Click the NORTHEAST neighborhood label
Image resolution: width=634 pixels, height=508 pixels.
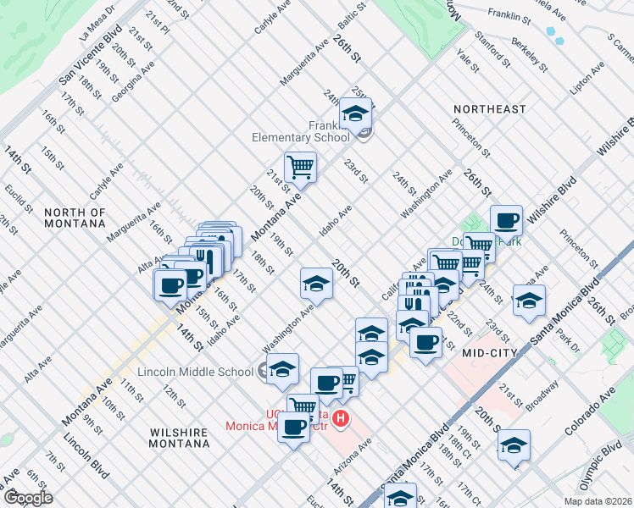pos(489,109)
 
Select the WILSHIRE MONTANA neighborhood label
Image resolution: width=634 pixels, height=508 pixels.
pos(179,438)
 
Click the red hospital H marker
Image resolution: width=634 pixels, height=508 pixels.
pos(341,418)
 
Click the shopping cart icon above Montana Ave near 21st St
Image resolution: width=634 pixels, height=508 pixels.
pos(300,167)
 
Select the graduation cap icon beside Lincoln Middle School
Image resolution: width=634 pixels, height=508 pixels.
pos(283,368)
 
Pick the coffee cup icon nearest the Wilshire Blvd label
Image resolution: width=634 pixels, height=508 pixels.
pos(506,220)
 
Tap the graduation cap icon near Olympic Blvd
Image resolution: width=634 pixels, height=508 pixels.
pos(514,444)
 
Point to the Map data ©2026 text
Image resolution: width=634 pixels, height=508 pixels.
pos(598,501)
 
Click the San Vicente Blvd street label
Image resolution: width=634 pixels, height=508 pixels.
pos(91,52)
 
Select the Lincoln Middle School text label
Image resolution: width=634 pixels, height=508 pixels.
pos(195,371)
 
